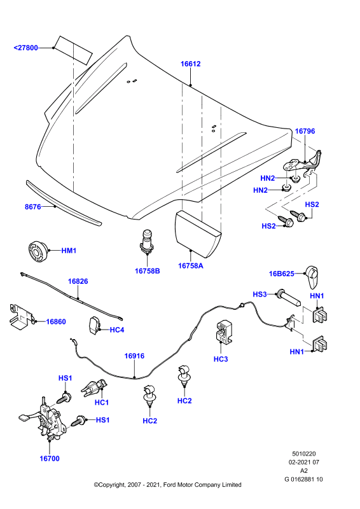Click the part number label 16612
click(191, 64)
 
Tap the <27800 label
click(25, 48)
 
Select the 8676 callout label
click(33, 207)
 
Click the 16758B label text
click(148, 271)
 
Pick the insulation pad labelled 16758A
click(197, 232)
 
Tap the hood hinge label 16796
click(305, 131)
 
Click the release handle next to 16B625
click(312, 277)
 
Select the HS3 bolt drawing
click(289, 298)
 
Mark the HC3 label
click(221, 359)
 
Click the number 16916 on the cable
click(134, 356)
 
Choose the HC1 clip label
click(102, 403)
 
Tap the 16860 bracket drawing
click(21, 316)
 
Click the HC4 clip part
click(94, 325)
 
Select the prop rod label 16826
click(78, 281)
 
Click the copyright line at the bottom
click(167, 485)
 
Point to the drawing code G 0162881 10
click(303, 479)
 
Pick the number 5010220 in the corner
click(304, 454)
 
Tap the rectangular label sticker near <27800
click(73, 50)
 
